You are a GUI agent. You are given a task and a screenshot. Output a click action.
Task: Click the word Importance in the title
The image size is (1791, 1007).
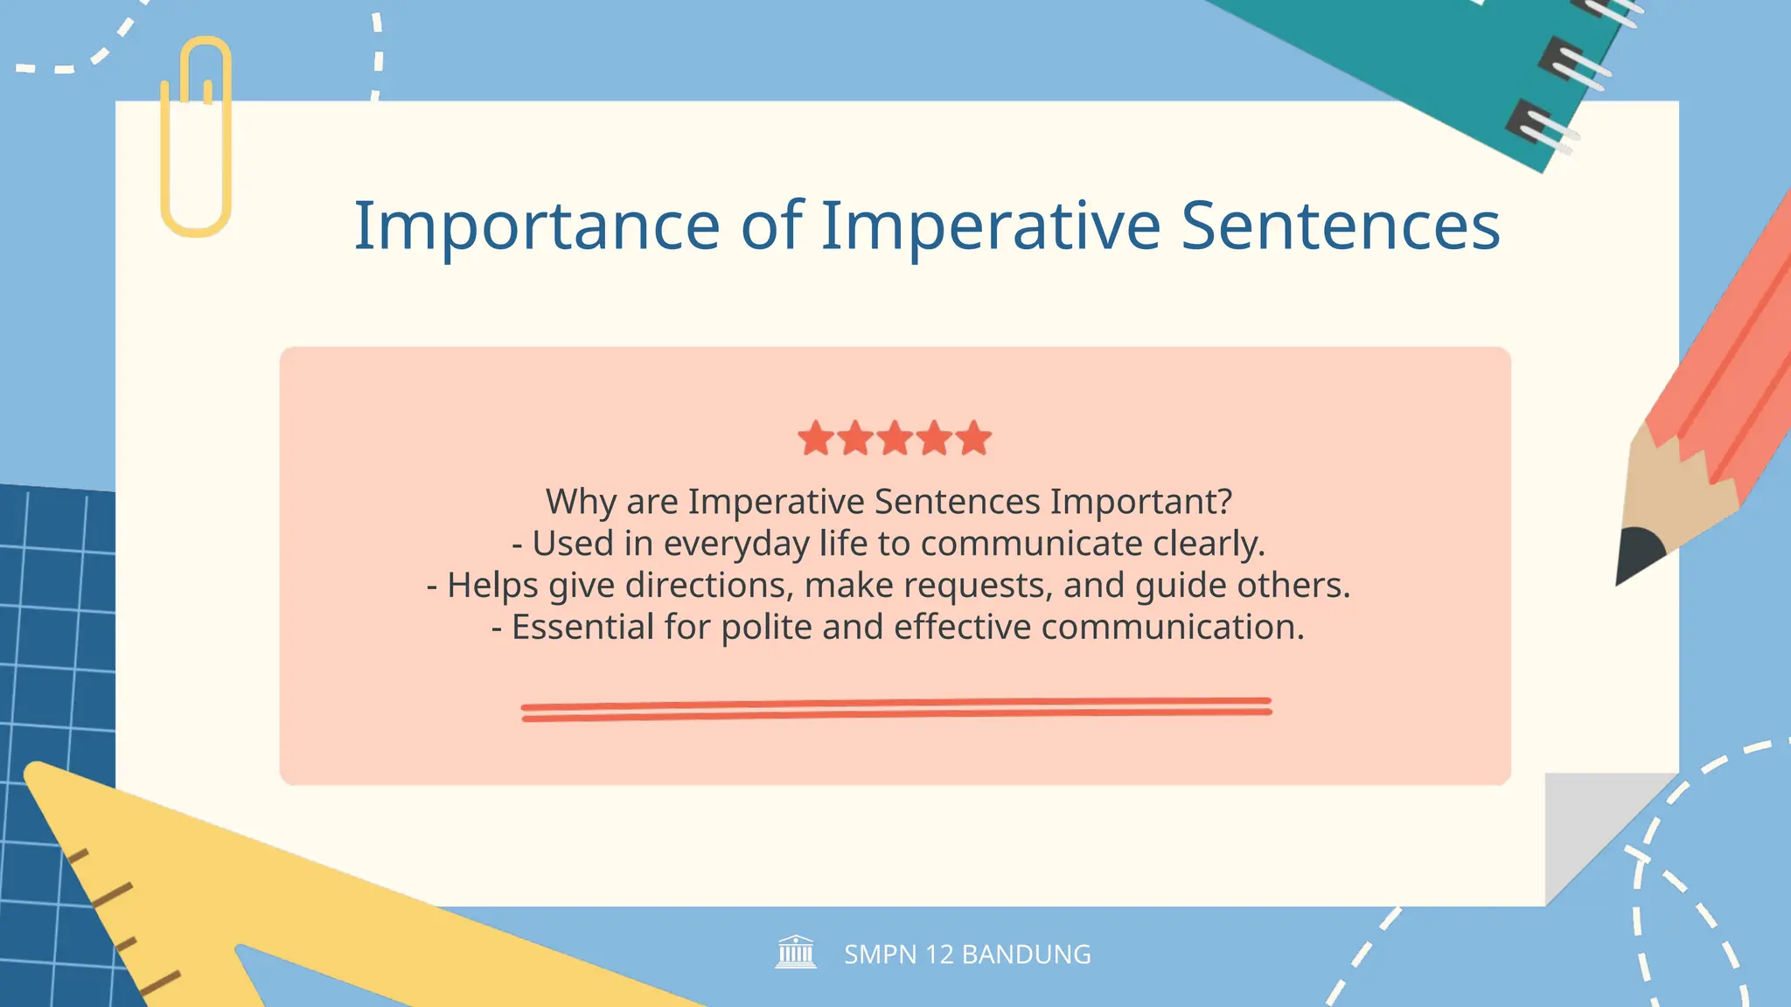point(536,226)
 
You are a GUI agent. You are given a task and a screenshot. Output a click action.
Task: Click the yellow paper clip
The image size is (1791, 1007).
point(196,140)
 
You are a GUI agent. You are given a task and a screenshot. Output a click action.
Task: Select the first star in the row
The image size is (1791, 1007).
point(816,438)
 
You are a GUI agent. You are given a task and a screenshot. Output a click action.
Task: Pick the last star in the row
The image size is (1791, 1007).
point(973,438)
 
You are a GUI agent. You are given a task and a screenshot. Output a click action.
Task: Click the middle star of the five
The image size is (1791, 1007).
point(895,438)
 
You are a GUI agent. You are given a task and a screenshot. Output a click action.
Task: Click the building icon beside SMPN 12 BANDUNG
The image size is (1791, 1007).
point(796,952)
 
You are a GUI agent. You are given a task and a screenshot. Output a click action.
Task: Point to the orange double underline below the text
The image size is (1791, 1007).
point(895,709)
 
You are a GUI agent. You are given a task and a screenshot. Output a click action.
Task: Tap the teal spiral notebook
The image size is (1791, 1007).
point(1443,61)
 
